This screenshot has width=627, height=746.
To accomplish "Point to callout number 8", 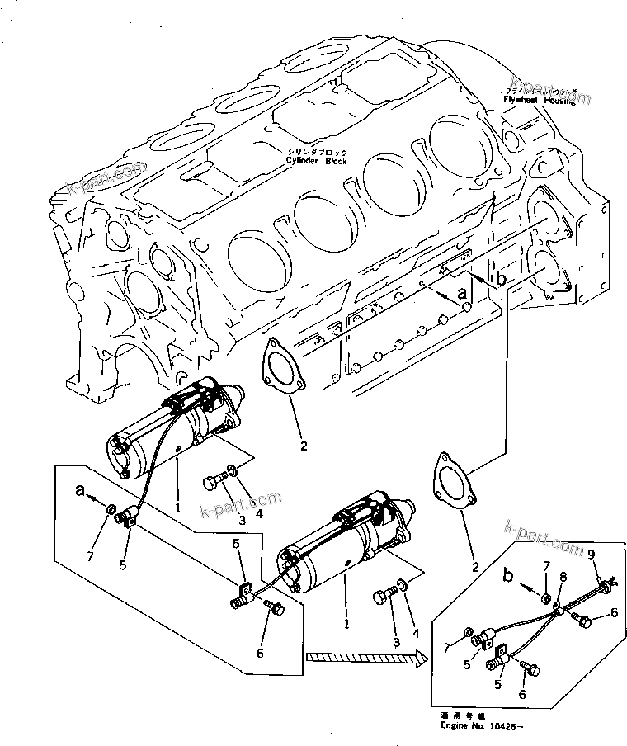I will (563, 576).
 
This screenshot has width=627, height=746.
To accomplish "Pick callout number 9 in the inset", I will (591, 555).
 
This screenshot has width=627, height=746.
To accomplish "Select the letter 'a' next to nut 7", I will (80, 490).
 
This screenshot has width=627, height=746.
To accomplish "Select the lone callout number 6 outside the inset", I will (261, 653).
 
